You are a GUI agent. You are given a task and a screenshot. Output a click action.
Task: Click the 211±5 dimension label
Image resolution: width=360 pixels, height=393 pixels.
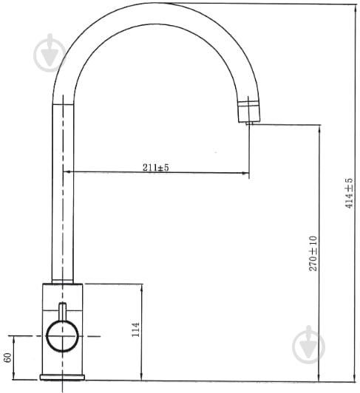[156, 167]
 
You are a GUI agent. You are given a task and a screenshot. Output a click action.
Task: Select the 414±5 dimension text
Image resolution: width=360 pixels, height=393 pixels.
[349, 193]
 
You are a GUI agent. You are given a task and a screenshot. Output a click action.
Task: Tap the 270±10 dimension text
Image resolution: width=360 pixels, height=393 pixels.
[313, 253]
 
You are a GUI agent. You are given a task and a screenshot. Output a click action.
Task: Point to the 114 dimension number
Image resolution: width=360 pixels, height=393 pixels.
[135, 329]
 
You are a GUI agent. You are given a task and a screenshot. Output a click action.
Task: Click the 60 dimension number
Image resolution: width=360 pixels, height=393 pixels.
[7, 358]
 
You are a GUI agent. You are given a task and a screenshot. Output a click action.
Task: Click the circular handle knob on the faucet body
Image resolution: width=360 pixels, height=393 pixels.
[63, 336]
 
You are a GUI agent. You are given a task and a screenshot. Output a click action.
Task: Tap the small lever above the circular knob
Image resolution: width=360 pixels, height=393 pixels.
[63, 311]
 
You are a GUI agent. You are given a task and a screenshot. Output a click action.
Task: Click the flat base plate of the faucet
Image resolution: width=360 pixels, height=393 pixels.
[62, 377]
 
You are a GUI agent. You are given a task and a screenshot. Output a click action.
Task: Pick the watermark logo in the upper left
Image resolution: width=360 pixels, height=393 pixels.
[50, 53]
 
